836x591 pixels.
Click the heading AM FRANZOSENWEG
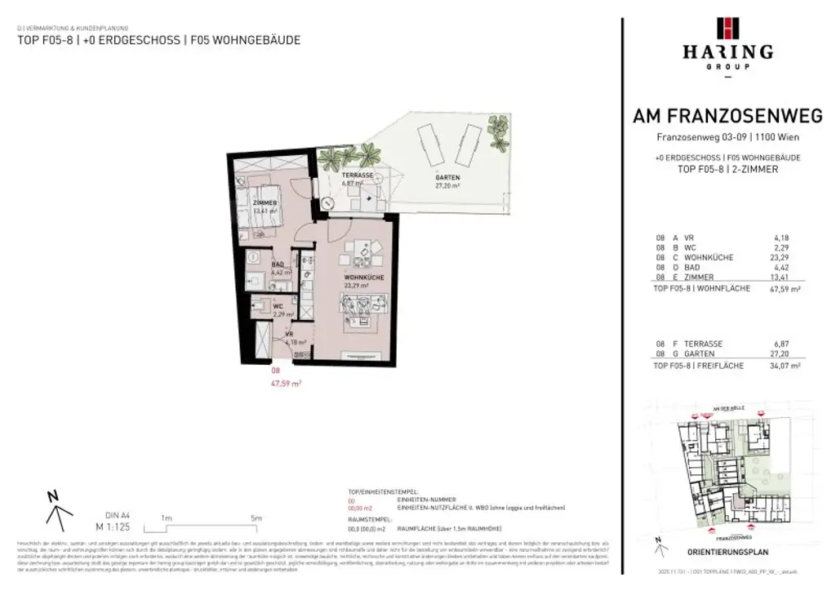727,118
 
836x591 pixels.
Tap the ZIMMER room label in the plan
265,202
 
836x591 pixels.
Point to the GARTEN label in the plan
447,178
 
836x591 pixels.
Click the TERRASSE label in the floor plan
358,176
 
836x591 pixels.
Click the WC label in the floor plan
278,307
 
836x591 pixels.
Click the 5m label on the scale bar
256,518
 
